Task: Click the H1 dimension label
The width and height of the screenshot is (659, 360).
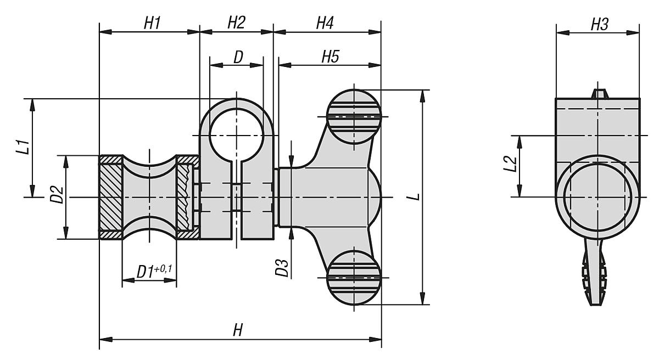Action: (152, 23)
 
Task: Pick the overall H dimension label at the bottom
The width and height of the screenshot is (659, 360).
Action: (237, 330)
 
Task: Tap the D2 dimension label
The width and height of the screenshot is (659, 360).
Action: (57, 195)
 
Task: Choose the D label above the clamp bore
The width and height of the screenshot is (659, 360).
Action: (238, 57)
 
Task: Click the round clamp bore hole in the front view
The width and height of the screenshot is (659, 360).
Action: (237, 133)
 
